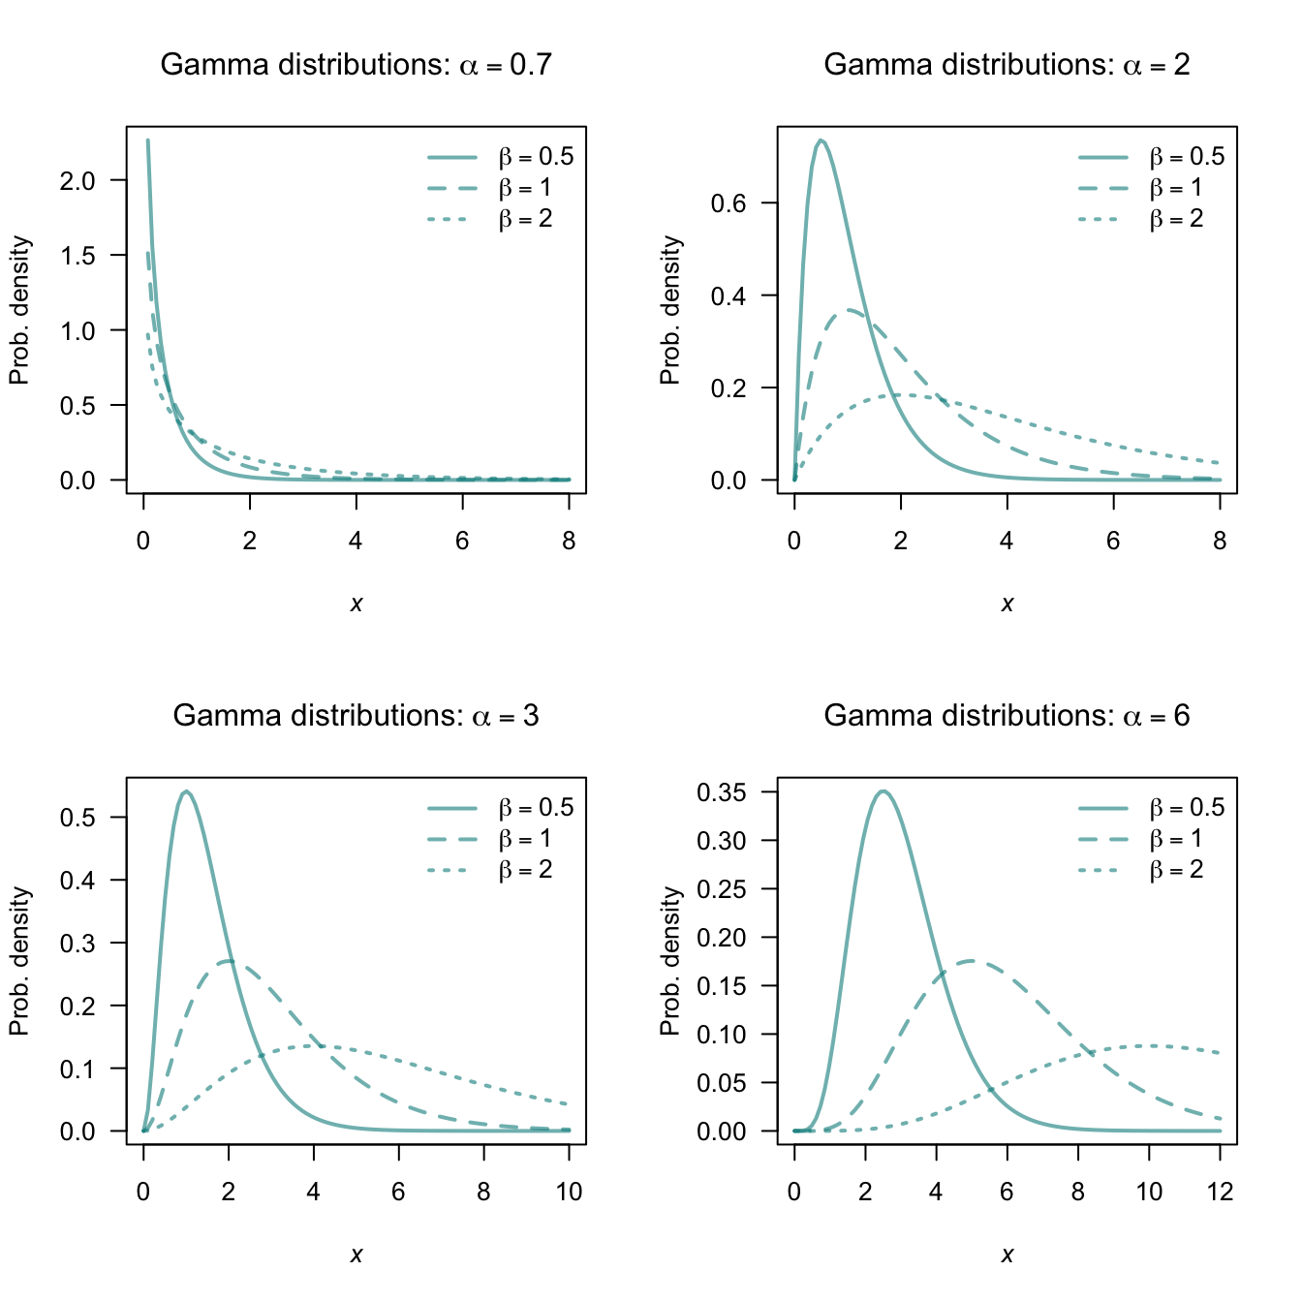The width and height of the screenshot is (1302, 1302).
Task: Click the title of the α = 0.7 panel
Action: tap(356, 65)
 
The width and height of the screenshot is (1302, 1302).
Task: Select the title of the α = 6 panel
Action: tap(1007, 716)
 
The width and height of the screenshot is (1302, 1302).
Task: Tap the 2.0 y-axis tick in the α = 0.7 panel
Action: tap(77, 180)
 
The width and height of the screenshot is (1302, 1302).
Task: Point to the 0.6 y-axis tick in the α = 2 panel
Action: tap(728, 203)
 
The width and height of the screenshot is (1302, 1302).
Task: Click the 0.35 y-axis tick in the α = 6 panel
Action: tap(722, 792)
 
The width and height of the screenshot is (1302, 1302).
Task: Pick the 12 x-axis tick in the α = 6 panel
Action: tap(1220, 1193)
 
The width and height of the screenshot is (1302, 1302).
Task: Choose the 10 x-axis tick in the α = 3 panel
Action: tap(569, 1193)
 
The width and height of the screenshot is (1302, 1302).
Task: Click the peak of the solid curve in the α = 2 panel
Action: tap(821, 140)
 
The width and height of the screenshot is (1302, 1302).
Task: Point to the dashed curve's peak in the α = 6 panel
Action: tap(972, 961)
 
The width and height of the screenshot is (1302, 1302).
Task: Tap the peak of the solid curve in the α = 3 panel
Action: tap(186, 791)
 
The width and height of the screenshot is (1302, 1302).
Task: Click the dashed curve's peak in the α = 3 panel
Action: tap(229, 961)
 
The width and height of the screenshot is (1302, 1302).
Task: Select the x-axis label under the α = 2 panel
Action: tap(1007, 604)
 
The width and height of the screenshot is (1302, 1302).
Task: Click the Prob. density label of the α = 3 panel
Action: tap(20, 961)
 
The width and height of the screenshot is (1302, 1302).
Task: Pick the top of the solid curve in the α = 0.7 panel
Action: tap(147, 140)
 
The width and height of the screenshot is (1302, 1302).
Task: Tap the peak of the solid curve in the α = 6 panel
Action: tap(883, 791)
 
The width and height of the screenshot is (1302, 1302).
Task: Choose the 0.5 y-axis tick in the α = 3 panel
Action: tap(77, 818)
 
